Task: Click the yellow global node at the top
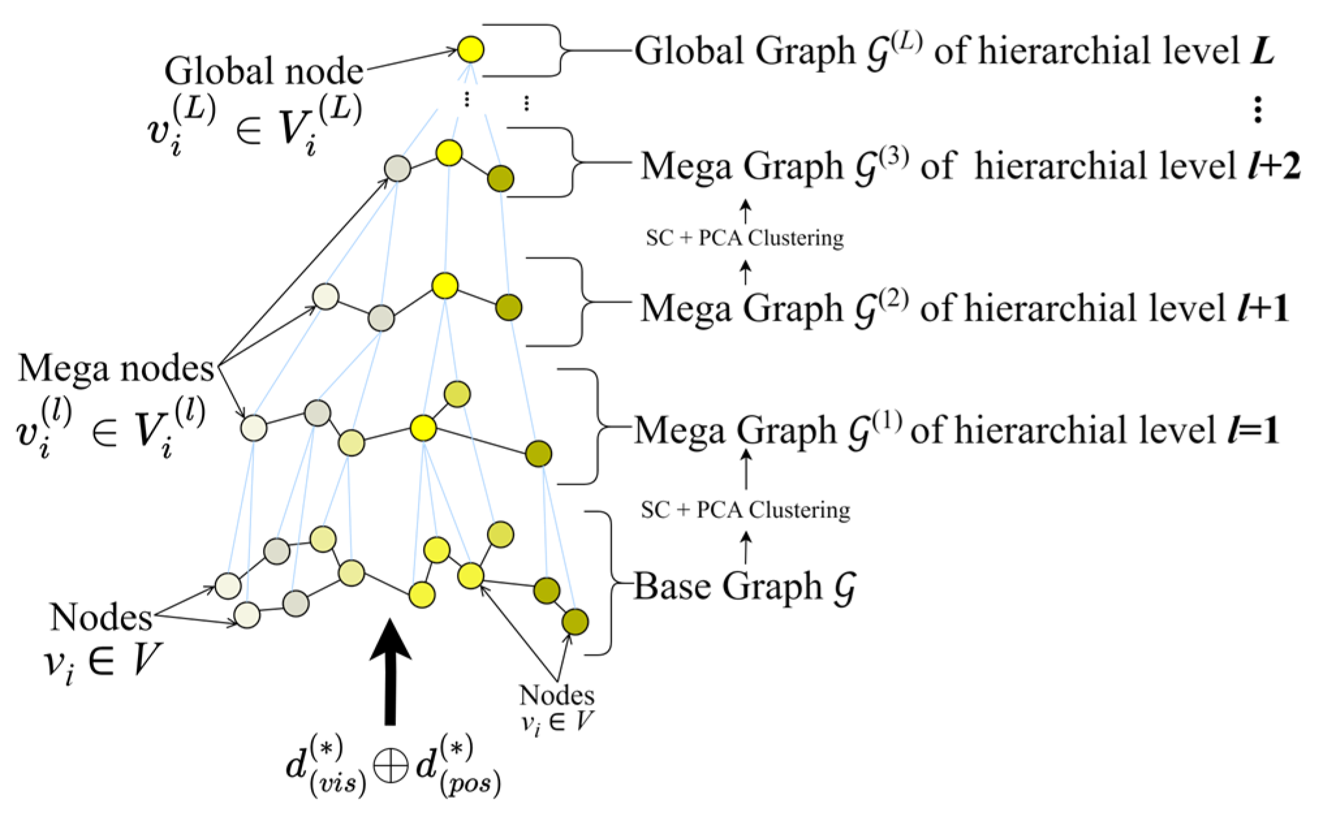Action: pos(470,49)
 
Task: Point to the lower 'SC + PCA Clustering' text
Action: pos(745,510)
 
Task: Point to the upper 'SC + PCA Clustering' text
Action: pos(745,238)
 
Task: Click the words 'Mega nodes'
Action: pos(116,368)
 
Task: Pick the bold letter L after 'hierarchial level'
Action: pos(1262,51)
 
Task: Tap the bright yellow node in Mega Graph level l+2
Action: pos(449,154)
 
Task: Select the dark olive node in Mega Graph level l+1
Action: pos(508,307)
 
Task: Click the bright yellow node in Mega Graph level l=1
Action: pos(423,428)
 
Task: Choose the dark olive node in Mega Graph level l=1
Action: pos(538,454)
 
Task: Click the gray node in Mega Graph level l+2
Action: pos(397,169)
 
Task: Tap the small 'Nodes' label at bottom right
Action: pos(557,696)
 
